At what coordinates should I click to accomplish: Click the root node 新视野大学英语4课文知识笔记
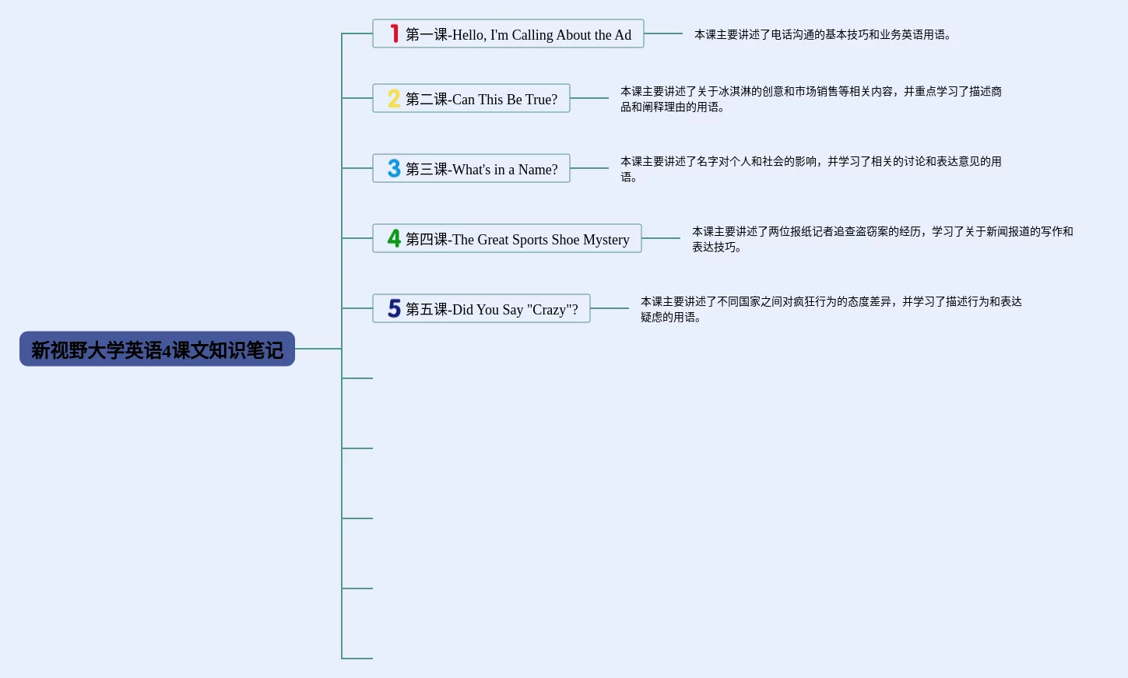[x=157, y=349]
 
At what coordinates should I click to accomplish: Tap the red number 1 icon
[x=395, y=33]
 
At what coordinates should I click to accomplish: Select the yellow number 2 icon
[x=394, y=98]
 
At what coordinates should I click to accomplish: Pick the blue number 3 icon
[x=394, y=168]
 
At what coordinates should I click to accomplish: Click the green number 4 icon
[x=394, y=238]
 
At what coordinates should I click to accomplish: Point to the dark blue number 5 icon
[x=394, y=308]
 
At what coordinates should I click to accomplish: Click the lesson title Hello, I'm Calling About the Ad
[x=518, y=34]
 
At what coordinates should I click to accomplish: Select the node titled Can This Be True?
[x=481, y=99]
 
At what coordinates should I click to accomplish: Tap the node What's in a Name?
[x=481, y=169]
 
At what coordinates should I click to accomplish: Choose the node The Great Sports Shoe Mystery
[x=517, y=239]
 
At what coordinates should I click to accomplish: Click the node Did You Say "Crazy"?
[x=491, y=309]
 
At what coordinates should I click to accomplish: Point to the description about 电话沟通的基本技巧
[x=822, y=34]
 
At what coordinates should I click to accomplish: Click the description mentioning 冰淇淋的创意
[x=810, y=99]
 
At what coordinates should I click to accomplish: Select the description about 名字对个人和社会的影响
[x=810, y=169]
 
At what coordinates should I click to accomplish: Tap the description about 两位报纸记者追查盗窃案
[x=882, y=239]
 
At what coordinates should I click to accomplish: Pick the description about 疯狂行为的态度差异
[x=831, y=309]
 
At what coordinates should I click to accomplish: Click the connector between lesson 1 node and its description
[x=663, y=33]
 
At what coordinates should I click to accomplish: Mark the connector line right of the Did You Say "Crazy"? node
[x=610, y=308]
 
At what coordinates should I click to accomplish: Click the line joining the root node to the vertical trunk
[x=318, y=349]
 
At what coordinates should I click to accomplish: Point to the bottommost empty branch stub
[x=357, y=659]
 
